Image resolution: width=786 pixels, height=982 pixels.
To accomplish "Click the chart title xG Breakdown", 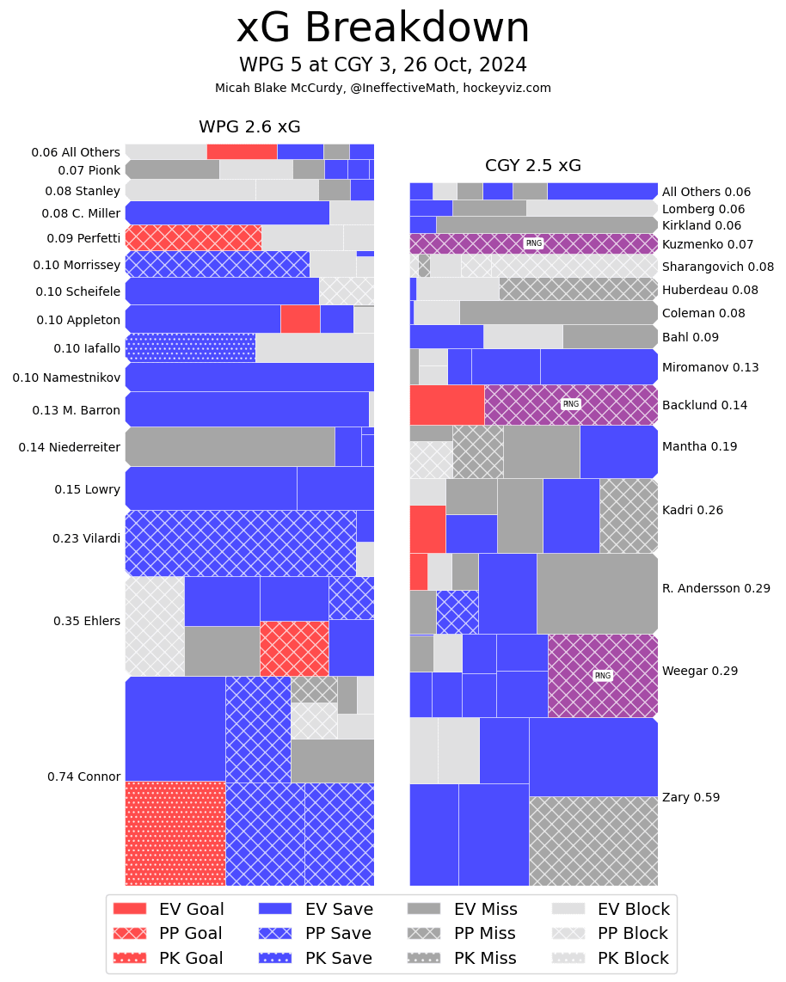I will [383, 29].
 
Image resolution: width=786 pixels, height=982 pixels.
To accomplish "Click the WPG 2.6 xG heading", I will [249, 127].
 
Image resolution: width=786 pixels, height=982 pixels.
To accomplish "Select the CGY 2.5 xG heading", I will [532, 166].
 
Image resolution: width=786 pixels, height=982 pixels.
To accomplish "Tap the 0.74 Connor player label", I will [83, 776].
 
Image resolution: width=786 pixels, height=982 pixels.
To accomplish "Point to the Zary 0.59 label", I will [691, 797].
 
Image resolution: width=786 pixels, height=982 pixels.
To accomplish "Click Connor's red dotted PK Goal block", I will [175, 832].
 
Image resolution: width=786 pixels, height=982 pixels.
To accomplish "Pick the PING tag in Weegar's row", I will [602, 675].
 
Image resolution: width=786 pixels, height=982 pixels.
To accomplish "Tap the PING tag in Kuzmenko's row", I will [533, 243].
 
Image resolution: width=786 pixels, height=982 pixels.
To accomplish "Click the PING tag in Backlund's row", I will [570, 404].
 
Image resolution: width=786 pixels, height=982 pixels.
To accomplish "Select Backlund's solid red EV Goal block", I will [446, 404].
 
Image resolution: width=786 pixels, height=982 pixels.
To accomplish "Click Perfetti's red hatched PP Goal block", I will [193, 237].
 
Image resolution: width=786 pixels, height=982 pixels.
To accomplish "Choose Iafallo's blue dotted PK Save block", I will [190, 347].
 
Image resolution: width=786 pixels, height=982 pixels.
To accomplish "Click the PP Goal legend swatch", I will [130, 933].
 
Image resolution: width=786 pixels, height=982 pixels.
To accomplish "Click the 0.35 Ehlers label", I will [87, 621].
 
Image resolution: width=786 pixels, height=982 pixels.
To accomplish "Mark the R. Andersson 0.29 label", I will [715, 588].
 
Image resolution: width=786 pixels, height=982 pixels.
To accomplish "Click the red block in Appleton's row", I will [300, 319].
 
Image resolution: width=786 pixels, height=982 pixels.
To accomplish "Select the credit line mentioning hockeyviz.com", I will [383, 88].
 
